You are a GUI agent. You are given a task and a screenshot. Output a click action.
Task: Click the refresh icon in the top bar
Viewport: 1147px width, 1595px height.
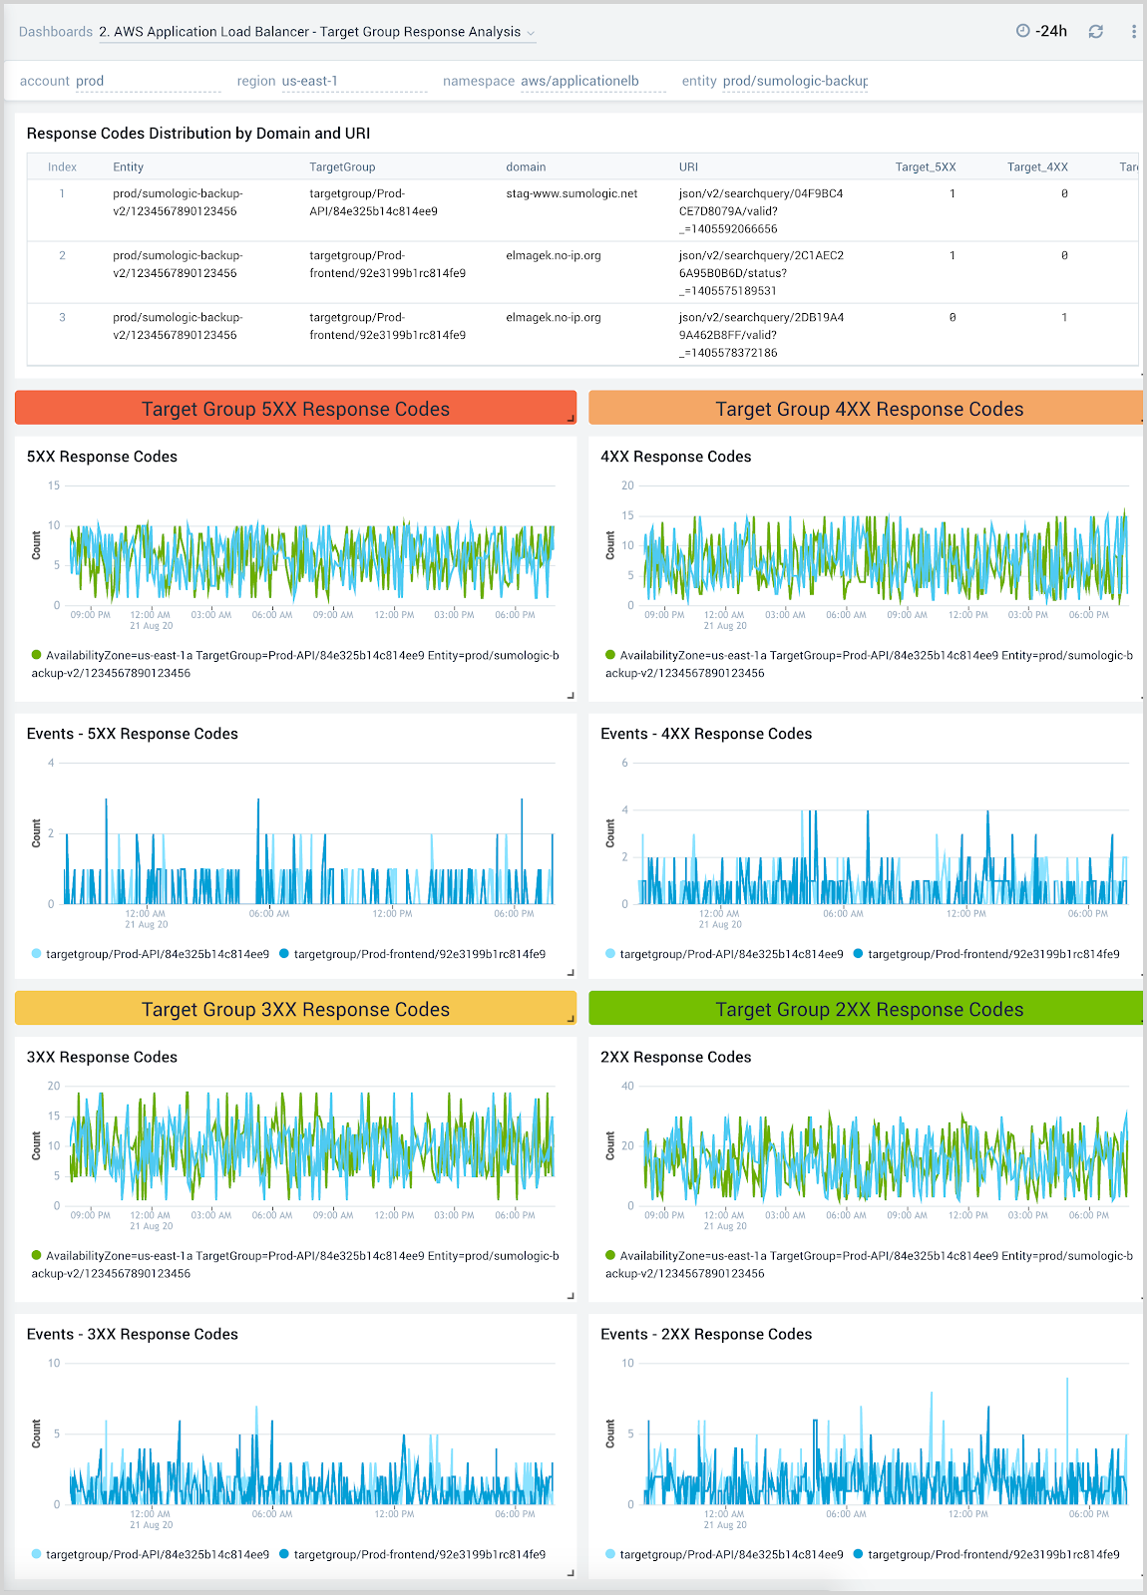point(1095,32)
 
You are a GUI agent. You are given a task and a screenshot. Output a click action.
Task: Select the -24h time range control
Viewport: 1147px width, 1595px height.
point(1042,32)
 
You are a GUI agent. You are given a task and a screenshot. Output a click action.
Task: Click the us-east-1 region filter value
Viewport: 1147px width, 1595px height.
point(310,82)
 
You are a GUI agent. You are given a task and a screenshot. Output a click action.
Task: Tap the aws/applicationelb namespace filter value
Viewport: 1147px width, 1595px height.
point(579,82)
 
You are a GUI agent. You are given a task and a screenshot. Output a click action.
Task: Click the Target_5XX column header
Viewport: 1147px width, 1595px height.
point(925,167)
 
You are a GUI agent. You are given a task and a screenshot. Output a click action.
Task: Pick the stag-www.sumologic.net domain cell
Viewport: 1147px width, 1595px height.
point(572,194)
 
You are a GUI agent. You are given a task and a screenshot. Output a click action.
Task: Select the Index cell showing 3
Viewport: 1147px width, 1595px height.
point(62,318)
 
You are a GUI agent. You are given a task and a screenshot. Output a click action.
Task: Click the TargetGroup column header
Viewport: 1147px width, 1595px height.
point(342,167)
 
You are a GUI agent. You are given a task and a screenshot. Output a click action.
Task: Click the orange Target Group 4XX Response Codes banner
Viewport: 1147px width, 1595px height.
point(868,409)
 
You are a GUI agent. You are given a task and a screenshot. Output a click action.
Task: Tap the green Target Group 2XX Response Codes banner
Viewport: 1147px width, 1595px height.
point(868,1009)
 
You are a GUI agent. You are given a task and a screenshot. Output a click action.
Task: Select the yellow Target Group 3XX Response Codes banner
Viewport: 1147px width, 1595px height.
point(295,1009)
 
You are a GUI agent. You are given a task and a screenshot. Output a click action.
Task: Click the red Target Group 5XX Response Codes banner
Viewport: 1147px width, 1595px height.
point(295,409)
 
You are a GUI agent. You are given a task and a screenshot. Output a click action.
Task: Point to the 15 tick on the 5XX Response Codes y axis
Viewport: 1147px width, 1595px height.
point(54,485)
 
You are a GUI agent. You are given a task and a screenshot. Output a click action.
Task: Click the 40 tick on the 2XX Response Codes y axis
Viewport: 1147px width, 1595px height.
point(627,1086)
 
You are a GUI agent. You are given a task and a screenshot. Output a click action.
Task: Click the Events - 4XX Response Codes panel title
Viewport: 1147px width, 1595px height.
point(705,734)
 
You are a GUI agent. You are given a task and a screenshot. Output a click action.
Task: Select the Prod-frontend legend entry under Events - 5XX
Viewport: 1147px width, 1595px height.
point(419,954)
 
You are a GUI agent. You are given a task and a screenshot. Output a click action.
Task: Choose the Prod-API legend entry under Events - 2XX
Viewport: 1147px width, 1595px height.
point(731,1554)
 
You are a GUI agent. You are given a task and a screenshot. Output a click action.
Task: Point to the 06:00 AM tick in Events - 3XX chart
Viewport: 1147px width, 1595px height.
point(271,1514)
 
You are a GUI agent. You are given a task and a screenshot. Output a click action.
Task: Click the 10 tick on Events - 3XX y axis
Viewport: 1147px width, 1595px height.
point(54,1363)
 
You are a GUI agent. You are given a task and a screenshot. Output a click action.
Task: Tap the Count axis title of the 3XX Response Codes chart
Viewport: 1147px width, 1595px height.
point(37,1145)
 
